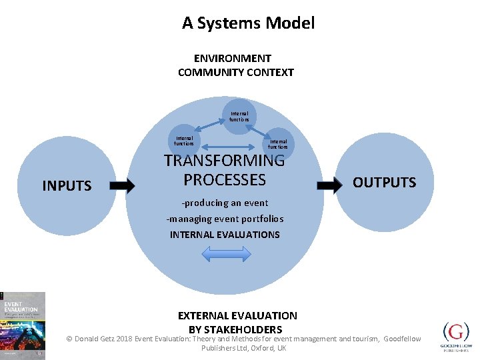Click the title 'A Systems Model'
pyautogui.click(x=248, y=23)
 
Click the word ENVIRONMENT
pyautogui.click(x=233, y=59)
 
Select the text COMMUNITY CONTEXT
pyautogui.click(x=235, y=72)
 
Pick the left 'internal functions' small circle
pyautogui.click(x=183, y=141)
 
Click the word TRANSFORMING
pyautogui.click(x=224, y=161)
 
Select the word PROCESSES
pyautogui.click(x=225, y=180)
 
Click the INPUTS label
pyautogui.click(x=67, y=186)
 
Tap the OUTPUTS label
pyautogui.click(x=384, y=183)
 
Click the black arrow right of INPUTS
pyautogui.click(x=121, y=186)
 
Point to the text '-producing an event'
pyautogui.click(x=225, y=203)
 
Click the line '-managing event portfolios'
pyautogui.click(x=225, y=219)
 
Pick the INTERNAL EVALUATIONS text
pyautogui.click(x=225, y=235)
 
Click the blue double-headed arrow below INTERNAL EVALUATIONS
pyautogui.click(x=226, y=254)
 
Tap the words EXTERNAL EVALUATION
pyautogui.click(x=237, y=315)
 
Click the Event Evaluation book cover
pyautogui.click(x=23, y=325)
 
